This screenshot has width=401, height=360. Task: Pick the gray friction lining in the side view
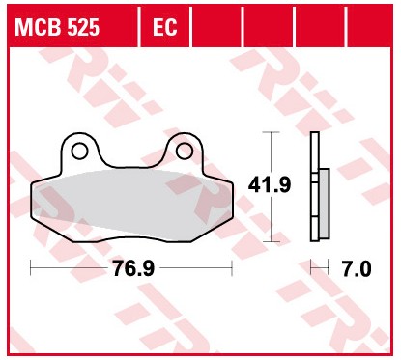322,204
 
